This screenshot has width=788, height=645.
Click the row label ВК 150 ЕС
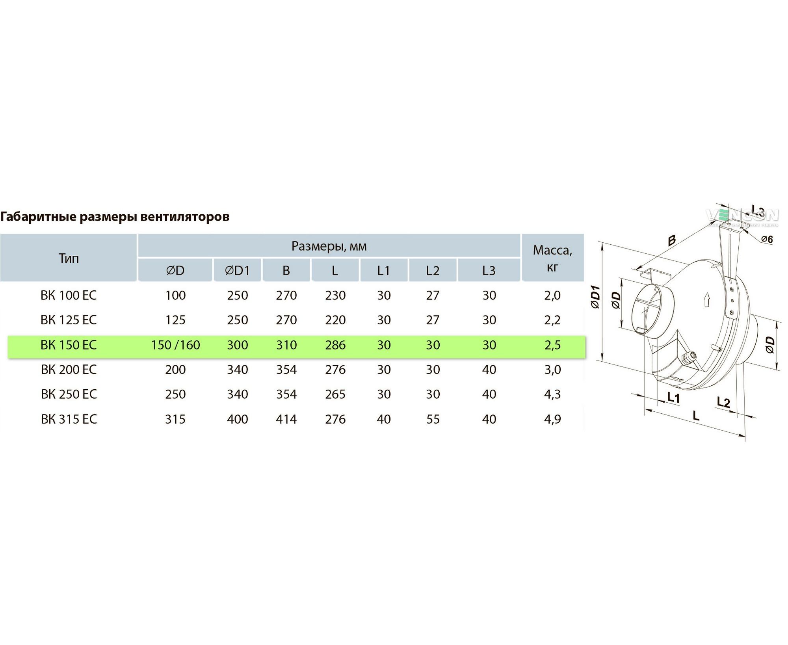pyautogui.click(x=69, y=345)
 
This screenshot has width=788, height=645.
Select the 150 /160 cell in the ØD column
pyautogui.click(x=175, y=345)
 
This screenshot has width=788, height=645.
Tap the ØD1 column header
pyautogui.click(x=237, y=271)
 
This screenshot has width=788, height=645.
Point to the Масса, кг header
pyautogui.click(x=552, y=258)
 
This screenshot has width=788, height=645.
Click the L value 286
pyautogui.click(x=335, y=345)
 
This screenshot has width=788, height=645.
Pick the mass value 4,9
pyautogui.click(x=552, y=419)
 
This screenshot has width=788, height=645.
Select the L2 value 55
pyautogui.click(x=433, y=419)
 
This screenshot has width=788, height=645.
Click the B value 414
pyautogui.click(x=286, y=419)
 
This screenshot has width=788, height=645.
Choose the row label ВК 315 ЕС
pyautogui.click(x=69, y=419)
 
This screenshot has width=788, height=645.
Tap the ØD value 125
pyautogui.click(x=175, y=320)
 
